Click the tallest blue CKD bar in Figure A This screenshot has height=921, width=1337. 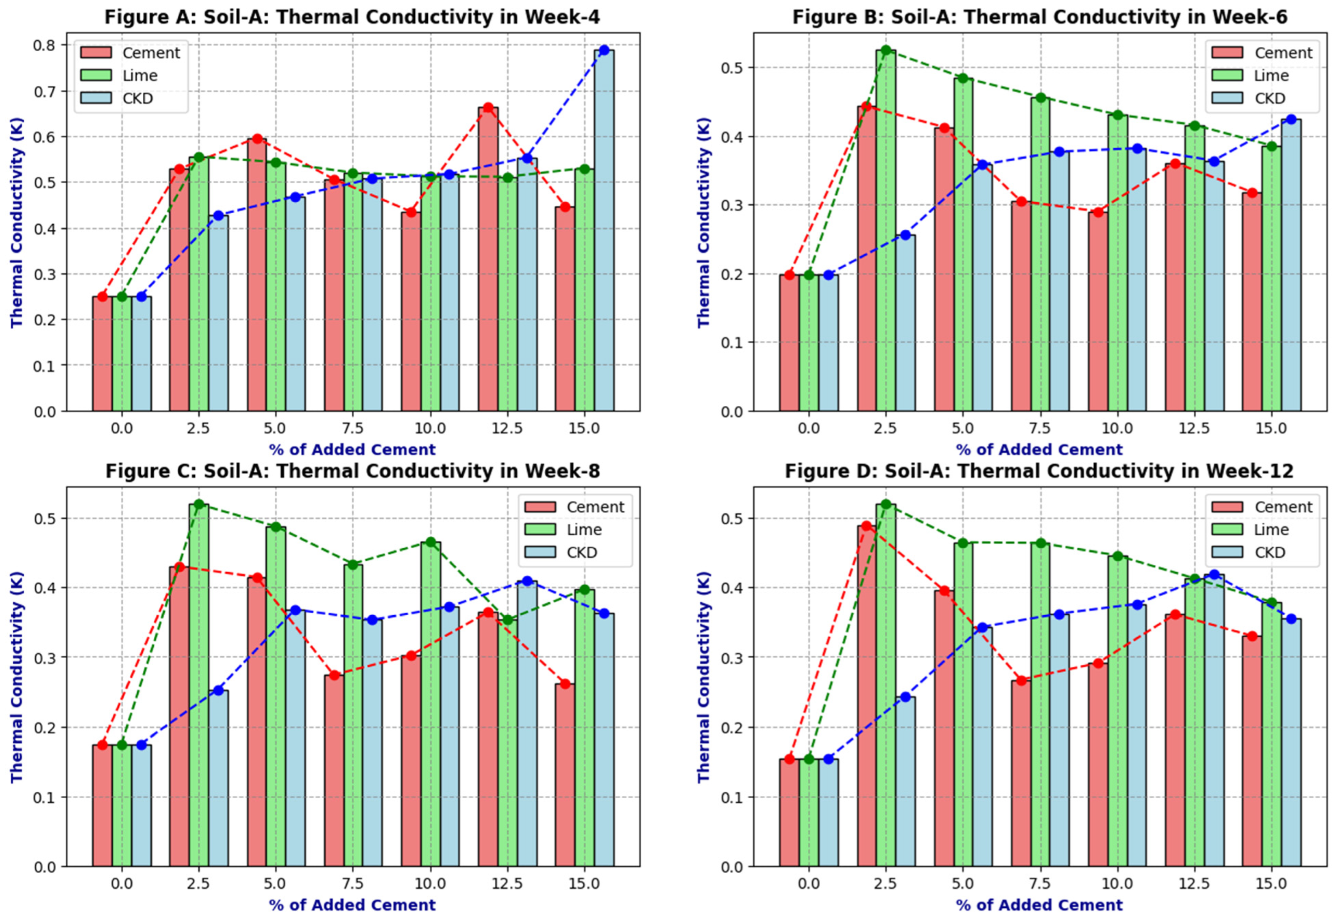tap(604, 230)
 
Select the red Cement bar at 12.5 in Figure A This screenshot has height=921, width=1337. tap(488, 259)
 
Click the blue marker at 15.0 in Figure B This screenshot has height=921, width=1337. tap(1291, 119)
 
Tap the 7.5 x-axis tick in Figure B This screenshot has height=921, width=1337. tap(1040, 429)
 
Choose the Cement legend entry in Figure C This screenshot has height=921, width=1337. tap(575, 507)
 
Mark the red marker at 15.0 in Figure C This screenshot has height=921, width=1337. tap(565, 684)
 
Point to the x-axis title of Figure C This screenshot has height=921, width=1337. tap(352, 904)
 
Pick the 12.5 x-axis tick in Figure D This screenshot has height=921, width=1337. tap(1194, 883)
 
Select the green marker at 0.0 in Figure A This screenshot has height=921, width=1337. tap(122, 297)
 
